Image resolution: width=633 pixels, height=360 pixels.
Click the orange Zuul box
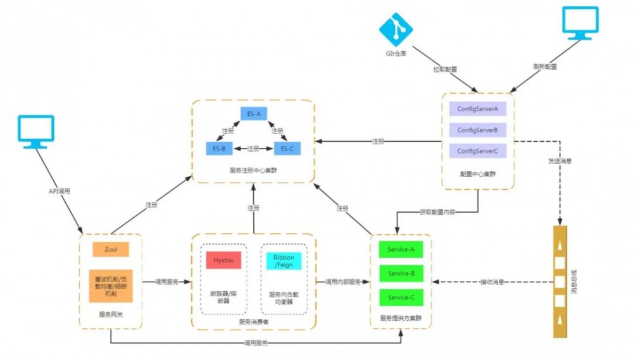111,249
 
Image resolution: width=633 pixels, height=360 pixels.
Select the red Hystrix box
223,259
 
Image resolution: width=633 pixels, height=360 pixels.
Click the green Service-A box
401,249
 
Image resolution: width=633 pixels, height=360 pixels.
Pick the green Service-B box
401,273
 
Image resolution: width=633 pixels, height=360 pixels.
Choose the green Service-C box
401,297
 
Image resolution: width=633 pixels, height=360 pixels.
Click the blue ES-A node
254,114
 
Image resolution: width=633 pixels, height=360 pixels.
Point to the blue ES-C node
287,149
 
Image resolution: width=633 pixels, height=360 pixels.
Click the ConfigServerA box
477,109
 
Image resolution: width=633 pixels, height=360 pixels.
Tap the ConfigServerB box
477,130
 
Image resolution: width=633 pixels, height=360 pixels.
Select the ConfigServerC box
477,151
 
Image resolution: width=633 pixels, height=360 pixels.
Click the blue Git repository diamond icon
396,28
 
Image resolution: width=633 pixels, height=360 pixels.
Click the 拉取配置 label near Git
444,68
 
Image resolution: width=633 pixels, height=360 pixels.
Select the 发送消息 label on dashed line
560,161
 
